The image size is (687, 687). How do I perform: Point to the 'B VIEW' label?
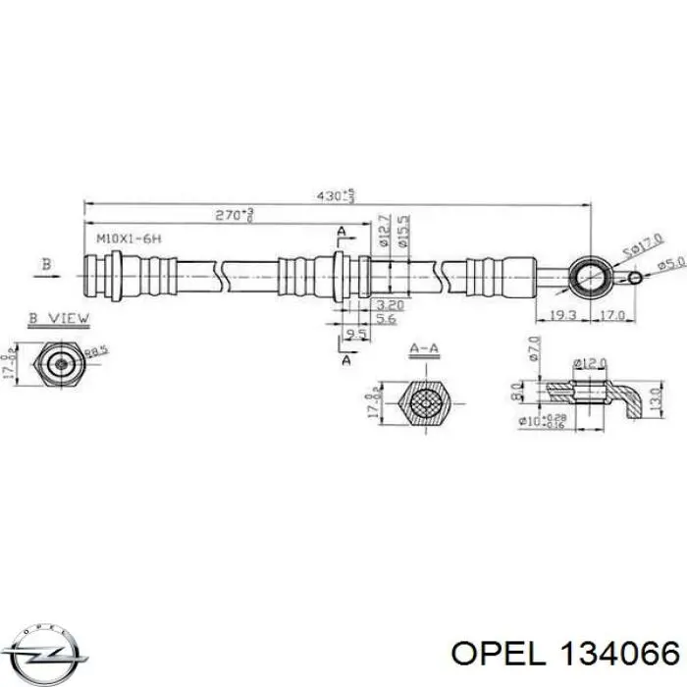click(59, 317)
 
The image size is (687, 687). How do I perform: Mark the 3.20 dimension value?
click(388, 305)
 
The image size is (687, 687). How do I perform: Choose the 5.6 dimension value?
click(385, 319)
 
